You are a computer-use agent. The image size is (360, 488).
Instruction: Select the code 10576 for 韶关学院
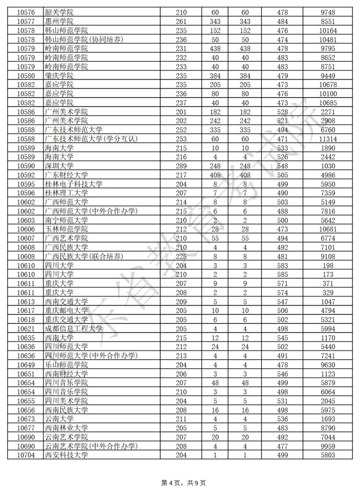click(x=25, y=12)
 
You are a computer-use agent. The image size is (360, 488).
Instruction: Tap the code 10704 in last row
click(x=25, y=456)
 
